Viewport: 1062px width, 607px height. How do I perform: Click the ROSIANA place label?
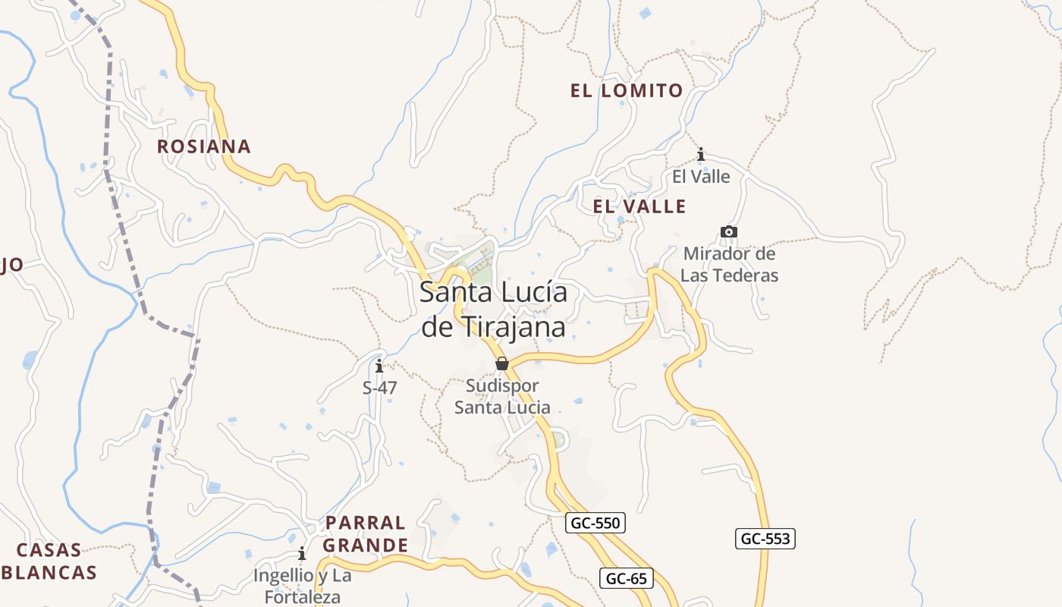[203, 146]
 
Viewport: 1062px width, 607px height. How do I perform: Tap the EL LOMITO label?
[627, 91]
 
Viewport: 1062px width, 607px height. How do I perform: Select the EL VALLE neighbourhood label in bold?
[639, 206]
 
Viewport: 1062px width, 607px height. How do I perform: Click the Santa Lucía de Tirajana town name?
[493, 310]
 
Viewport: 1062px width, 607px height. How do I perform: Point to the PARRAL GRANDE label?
[365, 534]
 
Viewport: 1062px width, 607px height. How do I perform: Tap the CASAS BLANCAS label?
[49, 561]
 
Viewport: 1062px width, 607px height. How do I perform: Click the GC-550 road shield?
[595, 523]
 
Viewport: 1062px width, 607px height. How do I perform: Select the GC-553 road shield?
[765, 539]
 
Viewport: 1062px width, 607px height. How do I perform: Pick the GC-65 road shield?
[627, 578]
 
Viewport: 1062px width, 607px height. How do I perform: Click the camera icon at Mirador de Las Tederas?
[728, 231]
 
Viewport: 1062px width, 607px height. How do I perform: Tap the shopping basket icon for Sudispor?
[501, 364]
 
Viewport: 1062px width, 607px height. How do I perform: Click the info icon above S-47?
[379, 367]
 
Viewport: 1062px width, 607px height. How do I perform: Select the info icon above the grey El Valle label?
[701, 155]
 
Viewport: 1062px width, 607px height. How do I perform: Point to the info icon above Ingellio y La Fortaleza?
[302, 553]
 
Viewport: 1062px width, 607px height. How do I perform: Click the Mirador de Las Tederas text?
[729, 264]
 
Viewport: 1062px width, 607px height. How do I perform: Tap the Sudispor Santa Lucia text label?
[502, 396]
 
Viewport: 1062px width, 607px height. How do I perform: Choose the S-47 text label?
[379, 388]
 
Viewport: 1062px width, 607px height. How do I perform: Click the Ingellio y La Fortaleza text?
[302, 586]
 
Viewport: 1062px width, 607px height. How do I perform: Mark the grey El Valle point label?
[701, 177]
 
